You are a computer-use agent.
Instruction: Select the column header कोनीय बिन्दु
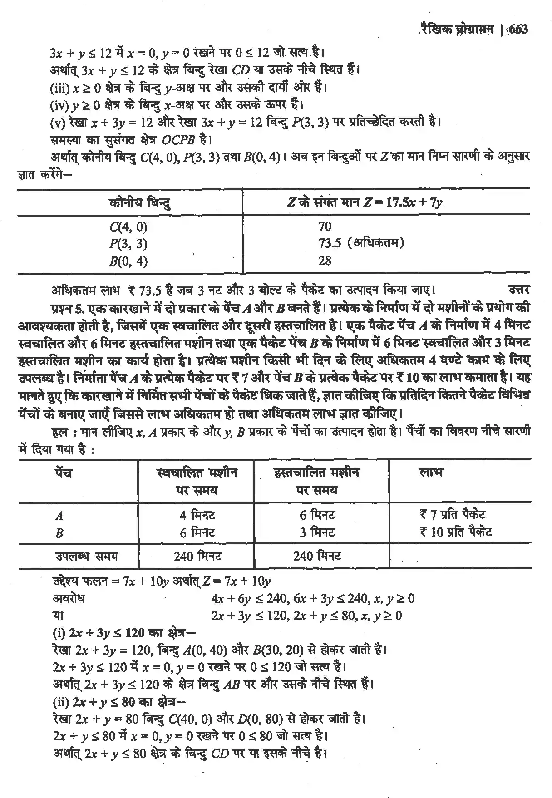(x=140, y=202)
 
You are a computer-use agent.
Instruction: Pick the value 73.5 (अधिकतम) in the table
(x=361, y=243)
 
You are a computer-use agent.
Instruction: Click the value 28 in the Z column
(x=325, y=261)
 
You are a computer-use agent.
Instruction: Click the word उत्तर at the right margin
(x=518, y=290)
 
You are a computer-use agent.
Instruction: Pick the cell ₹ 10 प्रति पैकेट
(x=455, y=532)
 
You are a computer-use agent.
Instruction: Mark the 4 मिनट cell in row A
(x=197, y=515)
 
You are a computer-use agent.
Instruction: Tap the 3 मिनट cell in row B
(x=317, y=532)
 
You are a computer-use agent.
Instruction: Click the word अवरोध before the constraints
(x=69, y=598)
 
